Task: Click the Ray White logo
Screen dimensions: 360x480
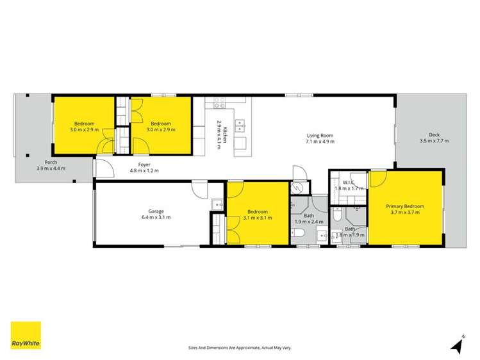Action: pos(26,335)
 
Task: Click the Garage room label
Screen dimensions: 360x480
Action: pos(156,211)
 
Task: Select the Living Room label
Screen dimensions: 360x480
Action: pos(320,136)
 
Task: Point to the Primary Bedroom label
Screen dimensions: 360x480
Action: pos(405,206)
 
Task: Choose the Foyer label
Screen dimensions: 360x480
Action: pos(144,165)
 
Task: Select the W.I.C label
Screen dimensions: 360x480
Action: pos(349,183)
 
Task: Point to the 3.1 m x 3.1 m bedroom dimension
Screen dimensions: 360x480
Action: pos(258,218)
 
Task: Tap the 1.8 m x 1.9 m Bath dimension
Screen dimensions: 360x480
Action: pos(350,235)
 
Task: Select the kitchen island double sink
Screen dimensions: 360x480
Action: pos(241,126)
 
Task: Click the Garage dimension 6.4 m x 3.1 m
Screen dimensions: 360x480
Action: pos(156,218)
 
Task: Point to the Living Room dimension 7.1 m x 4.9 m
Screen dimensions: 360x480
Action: pos(320,142)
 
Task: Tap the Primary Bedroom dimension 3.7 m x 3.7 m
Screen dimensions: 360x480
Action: pos(405,213)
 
